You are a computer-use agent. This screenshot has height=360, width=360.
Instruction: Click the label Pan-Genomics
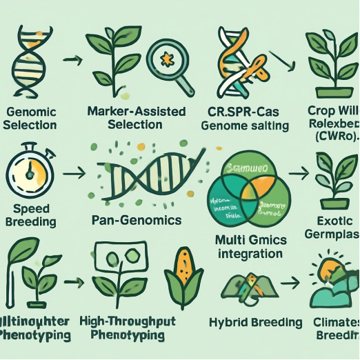click(x=137, y=221)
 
